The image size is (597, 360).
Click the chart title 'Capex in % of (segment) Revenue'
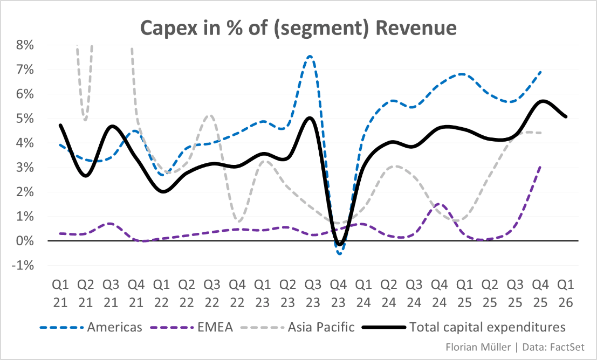click(298, 27)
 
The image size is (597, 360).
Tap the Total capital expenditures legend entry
click(487, 327)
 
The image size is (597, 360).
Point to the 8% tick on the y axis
click(25, 45)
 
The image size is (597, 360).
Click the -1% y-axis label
click(24, 266)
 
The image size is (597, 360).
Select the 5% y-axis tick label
click(25, 119)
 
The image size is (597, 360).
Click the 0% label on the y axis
click(25, 241)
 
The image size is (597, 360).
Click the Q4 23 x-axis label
click(338, 292)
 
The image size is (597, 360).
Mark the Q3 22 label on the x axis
click(211, 292)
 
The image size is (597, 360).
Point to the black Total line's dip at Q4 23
click(339, 244)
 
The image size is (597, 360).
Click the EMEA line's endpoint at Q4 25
click(541, 167)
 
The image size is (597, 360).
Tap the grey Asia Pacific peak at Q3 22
click(210, 115)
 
